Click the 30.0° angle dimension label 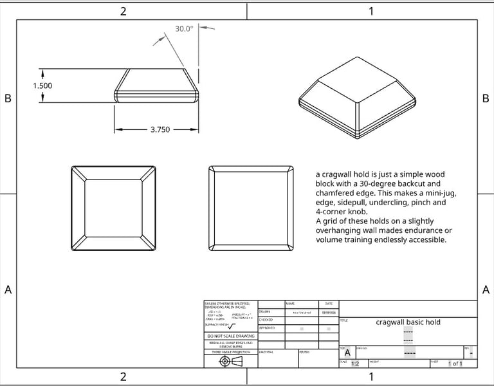[185, 29]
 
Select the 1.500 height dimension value [42, 86]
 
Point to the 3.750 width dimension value [160, 129]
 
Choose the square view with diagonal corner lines [113, 208]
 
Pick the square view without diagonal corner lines [252, 208]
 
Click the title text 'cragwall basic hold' [408, 322]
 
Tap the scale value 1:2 [354, 364]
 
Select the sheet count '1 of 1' [455, 364]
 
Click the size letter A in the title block [347, 353]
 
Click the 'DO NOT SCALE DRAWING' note [230, 336]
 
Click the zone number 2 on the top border [123, 11]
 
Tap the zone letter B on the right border [485, 98]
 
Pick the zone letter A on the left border [8, 289]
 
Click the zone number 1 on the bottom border [371, 377]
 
